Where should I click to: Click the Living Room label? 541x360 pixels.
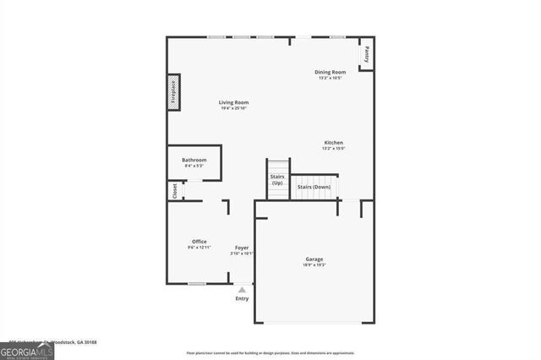233,102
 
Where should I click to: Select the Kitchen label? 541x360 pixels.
334,143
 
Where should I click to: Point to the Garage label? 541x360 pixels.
314,259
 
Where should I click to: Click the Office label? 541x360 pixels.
199,241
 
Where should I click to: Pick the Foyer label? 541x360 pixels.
242,248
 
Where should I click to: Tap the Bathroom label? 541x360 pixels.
194,160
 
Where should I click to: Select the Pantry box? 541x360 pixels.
367,53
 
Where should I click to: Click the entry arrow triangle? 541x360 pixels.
242,290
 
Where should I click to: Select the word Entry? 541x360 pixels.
243,298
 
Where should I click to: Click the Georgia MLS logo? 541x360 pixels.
27,349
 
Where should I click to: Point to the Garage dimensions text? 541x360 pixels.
314,265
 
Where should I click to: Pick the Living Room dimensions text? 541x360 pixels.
233,108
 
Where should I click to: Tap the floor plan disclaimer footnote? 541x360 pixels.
270,352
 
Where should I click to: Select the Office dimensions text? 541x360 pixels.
199,247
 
